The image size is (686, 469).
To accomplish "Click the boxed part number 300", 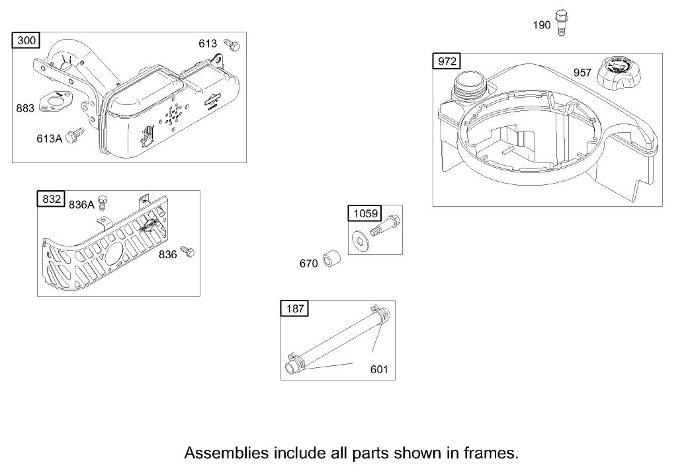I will coord(26,41).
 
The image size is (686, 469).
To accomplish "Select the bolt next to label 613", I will coord(232,44).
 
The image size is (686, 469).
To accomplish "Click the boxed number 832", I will coord(52,199).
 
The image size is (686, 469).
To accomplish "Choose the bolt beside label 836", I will coord(189,252).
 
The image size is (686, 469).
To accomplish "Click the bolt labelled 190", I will coord(562,22).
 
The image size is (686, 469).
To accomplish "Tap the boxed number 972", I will coord(447,61).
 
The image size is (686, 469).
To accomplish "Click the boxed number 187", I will coord(294,308).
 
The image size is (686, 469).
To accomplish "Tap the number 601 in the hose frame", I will coord(379,369).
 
